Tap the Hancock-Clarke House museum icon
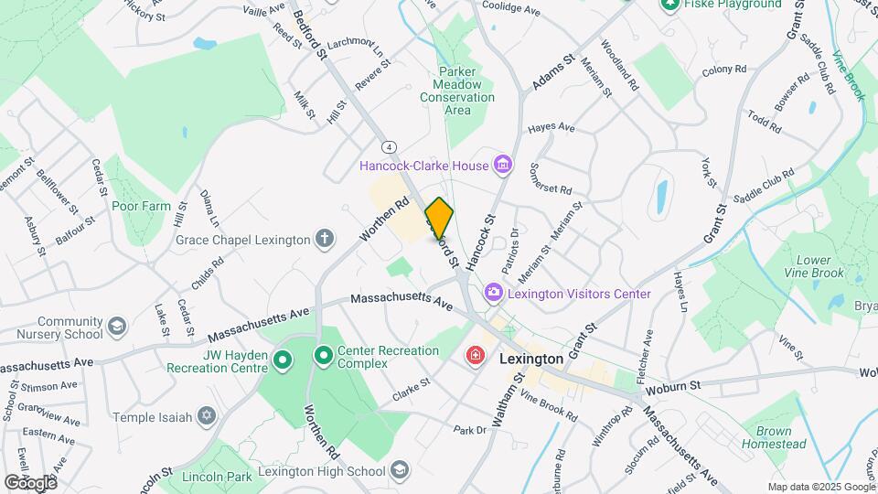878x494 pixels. [502, 166]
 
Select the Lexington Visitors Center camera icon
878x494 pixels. [494, 294]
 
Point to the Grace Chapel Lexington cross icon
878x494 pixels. [323, 240]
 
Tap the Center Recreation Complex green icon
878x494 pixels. [323, 354]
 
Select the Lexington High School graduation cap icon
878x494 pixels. [399, 471]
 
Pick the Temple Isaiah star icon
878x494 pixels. [207, 417]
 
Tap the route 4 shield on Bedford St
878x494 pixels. [390, 146]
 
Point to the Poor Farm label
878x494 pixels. [142, 206]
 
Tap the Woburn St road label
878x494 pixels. [671, 387]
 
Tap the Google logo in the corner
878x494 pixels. [30, 482]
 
